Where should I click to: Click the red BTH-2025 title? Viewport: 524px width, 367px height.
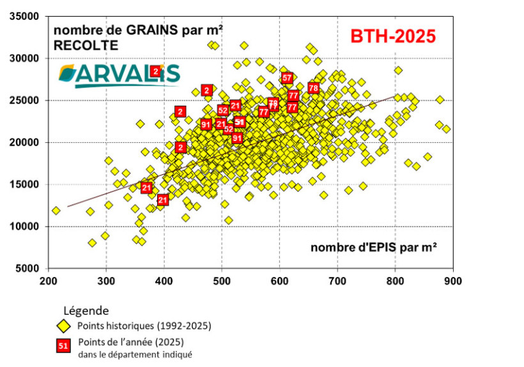click(x=392, y=36)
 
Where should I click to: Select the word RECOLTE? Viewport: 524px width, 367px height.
click(x=86, y=46)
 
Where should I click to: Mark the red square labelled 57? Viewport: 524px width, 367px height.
click(x=287, y=78)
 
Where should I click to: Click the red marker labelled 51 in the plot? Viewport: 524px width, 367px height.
click(x=240, y=122)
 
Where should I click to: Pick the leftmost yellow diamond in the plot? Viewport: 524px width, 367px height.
click(x=56, y=210)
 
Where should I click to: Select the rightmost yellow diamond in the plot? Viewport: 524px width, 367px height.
click(x=446, y=129)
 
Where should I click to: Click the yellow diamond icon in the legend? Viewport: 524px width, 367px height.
click(x=63, y=326)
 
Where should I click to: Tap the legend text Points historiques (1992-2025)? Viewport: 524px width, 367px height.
click(x=144, y=326)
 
